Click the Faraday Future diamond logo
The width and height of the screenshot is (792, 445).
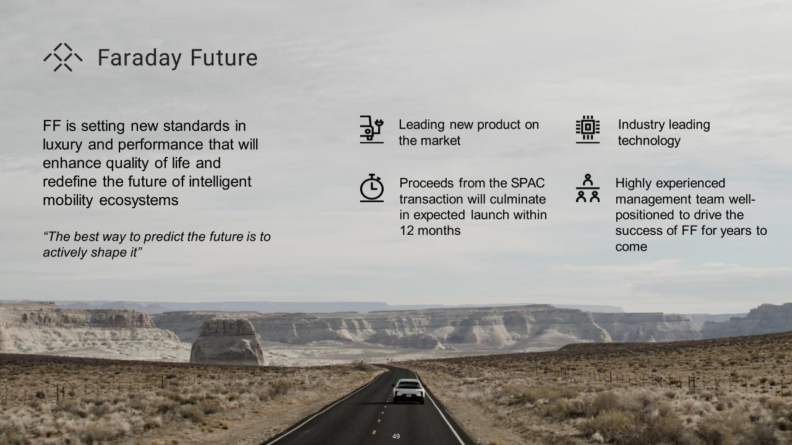tap(63, 57)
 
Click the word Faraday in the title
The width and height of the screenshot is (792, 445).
tap(140, 58)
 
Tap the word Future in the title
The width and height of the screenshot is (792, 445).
tap(224, 57)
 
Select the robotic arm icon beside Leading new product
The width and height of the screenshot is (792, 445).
tap(372, 129)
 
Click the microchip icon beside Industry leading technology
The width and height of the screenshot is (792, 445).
tap(588, 129)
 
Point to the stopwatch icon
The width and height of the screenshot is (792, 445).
tap(372, 188)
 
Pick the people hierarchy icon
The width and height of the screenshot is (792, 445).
tap(588, 188)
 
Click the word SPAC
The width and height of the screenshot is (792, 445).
tap(528, 183)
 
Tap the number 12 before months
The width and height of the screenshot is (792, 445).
tap(407, 231)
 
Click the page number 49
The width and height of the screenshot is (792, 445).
tap(396, 436)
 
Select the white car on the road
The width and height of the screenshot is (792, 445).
tap(409, 391)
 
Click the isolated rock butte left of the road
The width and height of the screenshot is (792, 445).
tap(227, 342)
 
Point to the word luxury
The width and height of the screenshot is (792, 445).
tap(62, 145)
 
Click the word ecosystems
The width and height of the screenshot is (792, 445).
tap(139, 201)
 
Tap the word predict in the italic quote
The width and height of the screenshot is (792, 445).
tap(164, 237)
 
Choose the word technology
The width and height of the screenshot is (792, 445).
tap(649, 141)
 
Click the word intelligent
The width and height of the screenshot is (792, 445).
tap(220, 182)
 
